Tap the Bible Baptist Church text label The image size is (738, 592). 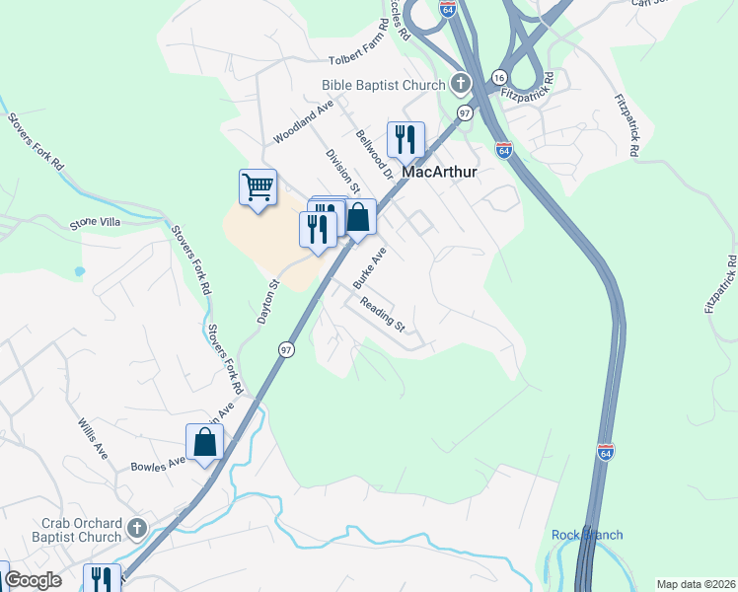[x=384, y=85]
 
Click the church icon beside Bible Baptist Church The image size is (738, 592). [x=460, y=84]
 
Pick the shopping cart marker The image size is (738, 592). [x=258, y=185]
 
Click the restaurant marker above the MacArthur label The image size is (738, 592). [x=405, y=139]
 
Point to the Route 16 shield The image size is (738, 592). [x=499, y=78]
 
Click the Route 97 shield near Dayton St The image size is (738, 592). [x=286, y=349]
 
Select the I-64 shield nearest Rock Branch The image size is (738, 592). [x=606, y=452]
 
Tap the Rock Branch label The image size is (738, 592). [x=587, y=535]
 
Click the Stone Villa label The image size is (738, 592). [x=95, y=223]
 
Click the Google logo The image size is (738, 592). [x=34, y=580]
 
